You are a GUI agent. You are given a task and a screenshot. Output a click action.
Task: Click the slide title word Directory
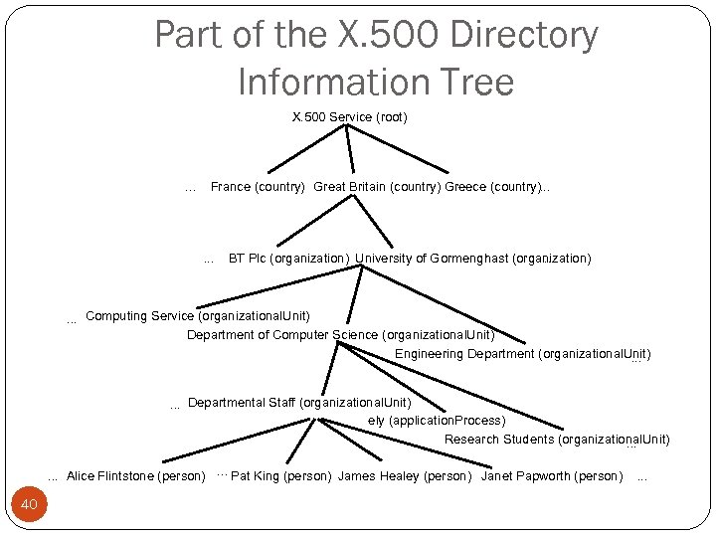click(x=524, y=36)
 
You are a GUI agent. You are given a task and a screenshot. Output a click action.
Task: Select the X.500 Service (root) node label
click(x=349, y=117)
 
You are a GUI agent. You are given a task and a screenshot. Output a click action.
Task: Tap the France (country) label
click(x=258, y=187)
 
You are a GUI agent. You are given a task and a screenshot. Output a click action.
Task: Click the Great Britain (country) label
click(x=377, y=187)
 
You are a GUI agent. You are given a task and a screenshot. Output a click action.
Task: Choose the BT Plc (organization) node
click(x=288, y=259)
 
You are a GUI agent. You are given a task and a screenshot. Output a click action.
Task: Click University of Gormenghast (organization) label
click(x=472, y=259)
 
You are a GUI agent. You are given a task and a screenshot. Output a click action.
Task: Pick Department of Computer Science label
click(x=340, y=335)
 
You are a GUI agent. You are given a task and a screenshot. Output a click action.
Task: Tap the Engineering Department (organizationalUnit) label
click(x=522, y=354)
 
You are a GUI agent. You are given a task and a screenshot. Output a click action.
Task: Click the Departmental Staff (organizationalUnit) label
click(x=298, y=403)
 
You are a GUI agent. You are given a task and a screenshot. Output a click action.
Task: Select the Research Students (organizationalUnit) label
click(x=557, y=440)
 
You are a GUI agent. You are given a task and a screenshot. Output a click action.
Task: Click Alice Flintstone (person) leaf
click(x=135, y=476)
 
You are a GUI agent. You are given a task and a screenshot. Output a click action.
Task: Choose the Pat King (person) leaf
click(x=280, y=476)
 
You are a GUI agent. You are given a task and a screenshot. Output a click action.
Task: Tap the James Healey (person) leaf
click(x=405, y=476)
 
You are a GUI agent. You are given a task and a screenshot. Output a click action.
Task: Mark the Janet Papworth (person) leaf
click(x=552, y=476)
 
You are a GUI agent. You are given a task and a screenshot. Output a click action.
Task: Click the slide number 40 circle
click(x=29, y=505)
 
